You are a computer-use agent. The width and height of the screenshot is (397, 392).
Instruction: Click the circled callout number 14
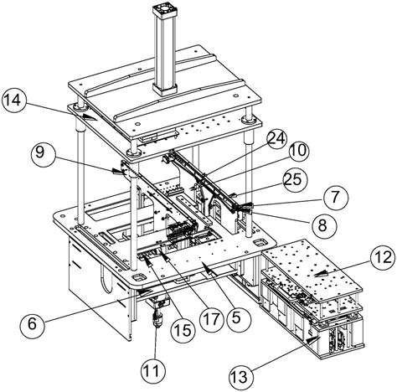point(13,101)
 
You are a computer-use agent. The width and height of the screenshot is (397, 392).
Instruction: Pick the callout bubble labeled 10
point(299,151)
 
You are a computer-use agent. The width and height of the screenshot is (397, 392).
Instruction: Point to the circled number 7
point(336,197)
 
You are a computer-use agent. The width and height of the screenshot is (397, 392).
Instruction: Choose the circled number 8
point(323,225)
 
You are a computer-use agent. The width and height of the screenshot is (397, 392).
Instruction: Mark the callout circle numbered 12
point(383,257)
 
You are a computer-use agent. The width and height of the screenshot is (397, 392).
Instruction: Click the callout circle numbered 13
point(240,378)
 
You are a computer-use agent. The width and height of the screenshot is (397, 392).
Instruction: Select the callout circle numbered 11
point(152,371)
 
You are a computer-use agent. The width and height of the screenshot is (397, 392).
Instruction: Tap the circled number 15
point(183,331)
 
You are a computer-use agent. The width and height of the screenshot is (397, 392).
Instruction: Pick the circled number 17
point(212,320)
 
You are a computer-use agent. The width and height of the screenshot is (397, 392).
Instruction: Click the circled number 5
point(237,317)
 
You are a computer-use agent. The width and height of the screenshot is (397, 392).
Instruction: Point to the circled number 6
point(32,324)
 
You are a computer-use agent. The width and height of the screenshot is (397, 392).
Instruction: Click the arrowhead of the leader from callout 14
point(90,117)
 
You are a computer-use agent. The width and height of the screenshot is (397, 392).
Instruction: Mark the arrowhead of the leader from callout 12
point(321,274)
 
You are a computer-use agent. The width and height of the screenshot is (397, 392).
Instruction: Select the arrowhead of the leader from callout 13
point(312,340)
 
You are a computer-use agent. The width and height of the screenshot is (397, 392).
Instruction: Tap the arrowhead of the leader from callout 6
point(145,292)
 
